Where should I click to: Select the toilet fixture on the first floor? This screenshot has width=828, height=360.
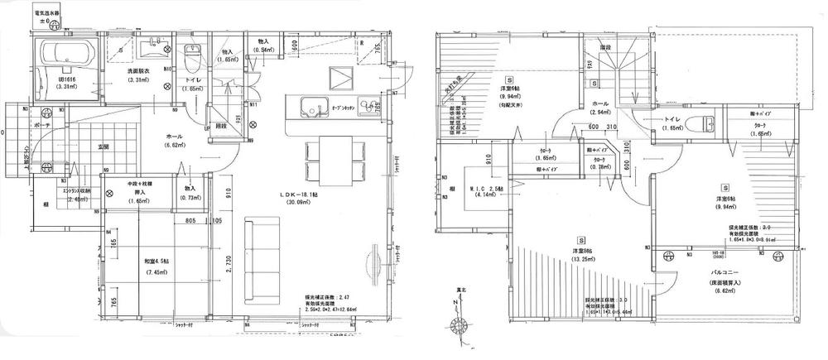[192, 58]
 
